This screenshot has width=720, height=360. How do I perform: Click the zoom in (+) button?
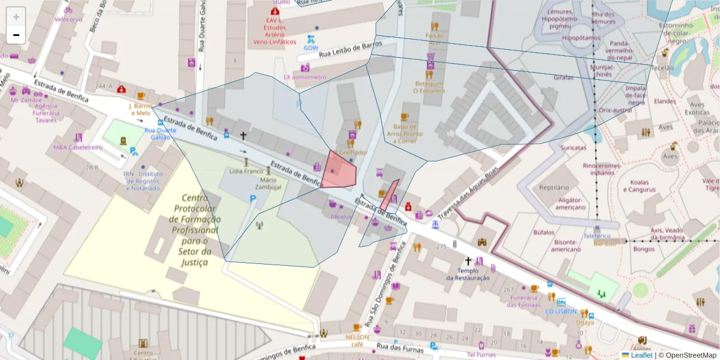click(x=16, y=17)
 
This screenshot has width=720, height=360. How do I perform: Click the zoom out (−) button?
click(x=16, y=35)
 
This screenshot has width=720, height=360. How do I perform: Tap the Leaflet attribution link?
click(x=641, y=355)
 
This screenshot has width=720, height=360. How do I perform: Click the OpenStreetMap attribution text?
click(x=691, y=355)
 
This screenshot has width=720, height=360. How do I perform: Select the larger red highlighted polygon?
click(x=338, y=170)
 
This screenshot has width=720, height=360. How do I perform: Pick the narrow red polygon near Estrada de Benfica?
click(x=389, y=194)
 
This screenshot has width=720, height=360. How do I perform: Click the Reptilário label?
click(x=554, y=187)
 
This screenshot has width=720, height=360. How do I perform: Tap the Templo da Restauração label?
click(x=468, y=274)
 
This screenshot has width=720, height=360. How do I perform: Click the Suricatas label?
click(x=573, y=147)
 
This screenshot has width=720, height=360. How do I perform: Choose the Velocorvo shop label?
click(x=68, y=19)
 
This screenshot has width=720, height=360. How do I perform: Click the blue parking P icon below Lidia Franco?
click(x=253, y=199)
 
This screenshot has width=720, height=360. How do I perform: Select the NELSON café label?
click(x=358, y=340)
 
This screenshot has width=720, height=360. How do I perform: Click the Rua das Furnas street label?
click(x=398, y=347)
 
